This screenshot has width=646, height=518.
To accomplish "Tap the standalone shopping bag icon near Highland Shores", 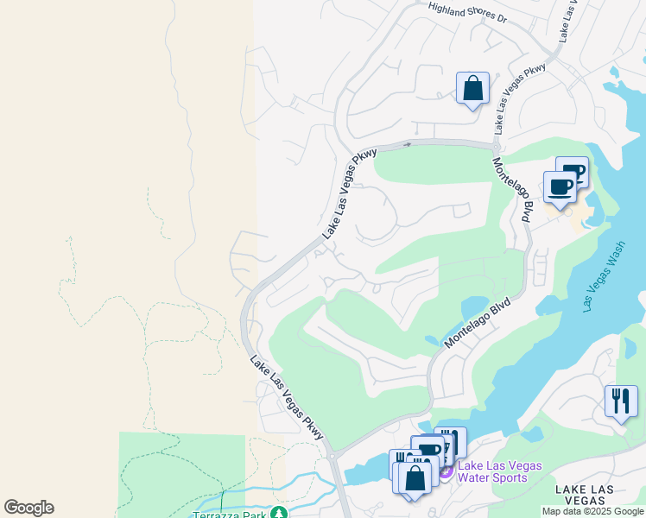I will [x=472, y=89].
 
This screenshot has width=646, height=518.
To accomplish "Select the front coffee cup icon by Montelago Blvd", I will [x=560, y=187].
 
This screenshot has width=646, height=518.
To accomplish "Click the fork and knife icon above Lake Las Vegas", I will [x=621, y=401].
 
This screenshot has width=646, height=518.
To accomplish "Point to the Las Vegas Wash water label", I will [x=604, y=275].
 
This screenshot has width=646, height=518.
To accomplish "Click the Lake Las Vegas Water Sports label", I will [x=500, y=471].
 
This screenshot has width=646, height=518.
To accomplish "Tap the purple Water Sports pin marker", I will [x=446, y=471].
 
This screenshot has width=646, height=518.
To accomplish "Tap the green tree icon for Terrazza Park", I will [x=278, y=513].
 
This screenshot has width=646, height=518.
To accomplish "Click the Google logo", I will [x=28, y=508].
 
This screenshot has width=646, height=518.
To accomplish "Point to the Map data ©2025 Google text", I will [x=592, y=511].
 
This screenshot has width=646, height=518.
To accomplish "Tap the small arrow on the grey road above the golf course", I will [x=407, y=144].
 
